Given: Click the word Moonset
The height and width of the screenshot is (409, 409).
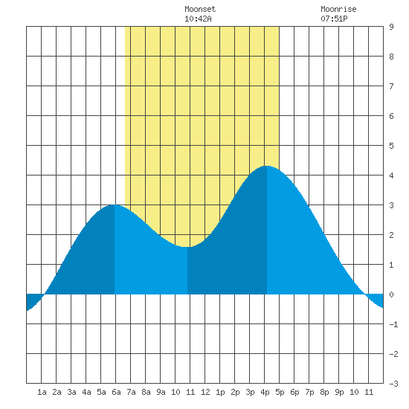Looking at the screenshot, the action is click(x=200, y=9).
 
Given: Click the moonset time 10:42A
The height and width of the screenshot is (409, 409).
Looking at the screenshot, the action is click(x=198, y=19).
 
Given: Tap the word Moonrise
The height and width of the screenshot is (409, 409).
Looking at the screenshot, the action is click(x=338, y=9).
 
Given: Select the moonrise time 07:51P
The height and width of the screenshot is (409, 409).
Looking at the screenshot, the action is click(x=334, y=19).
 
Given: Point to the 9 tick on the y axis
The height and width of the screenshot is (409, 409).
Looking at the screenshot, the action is click(x=391, y=27).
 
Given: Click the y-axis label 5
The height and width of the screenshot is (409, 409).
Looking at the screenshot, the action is click(x=391, y=146).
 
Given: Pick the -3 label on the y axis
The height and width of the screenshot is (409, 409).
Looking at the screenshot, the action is click(x=393, y=384).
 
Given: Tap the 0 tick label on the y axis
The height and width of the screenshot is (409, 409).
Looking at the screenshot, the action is click(x=391, y=294).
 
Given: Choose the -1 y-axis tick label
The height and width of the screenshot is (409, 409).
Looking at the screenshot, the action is click(x=393, y=324).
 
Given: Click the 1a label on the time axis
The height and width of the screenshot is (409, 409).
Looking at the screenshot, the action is click(x=42, y=392).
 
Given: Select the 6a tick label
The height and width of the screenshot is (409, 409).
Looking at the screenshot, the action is click(x=116, y=392).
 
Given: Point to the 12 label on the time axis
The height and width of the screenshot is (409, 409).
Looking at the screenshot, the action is click(x=205, y=392).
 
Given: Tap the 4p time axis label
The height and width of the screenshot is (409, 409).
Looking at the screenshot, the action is click(x=265, y=392).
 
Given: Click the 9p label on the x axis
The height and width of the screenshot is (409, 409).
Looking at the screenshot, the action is click(x=339, y=392).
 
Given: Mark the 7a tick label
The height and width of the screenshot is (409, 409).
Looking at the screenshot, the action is click(x=131, y=392).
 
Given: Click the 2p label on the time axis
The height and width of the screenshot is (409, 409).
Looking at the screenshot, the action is click(x=235, y=392).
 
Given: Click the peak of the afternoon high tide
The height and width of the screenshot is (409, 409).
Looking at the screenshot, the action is click(x=267, y=166).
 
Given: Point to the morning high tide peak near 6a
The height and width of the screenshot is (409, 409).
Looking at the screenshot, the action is click(x=115, y=205).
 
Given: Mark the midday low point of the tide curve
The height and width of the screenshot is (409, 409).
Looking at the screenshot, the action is click(x=187, y=247).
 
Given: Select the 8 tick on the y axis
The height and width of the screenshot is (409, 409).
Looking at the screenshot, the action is click(x=391, y=57).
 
